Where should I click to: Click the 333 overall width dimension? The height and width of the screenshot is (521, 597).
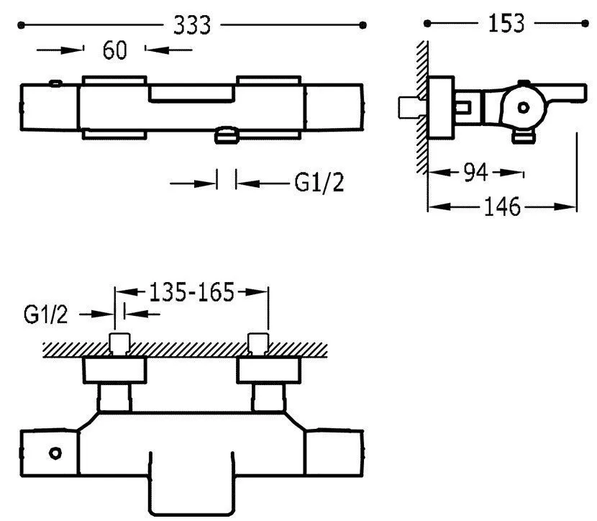[x=192, y=25]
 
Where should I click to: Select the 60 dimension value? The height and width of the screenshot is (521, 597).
[x=115, y=50]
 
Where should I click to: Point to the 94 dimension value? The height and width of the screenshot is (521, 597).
[x=475, y=173]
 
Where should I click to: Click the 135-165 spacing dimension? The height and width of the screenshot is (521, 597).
[x=192, y=292]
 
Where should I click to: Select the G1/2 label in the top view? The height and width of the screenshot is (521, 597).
[x=319, y=184]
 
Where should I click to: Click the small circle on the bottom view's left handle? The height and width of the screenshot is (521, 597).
[x=55, y=453]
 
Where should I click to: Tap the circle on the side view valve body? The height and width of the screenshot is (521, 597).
[x=524, y=107]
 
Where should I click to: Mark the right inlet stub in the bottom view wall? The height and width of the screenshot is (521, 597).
[x=257, y=345]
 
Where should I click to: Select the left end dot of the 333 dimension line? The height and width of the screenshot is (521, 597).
[x=21, y=25]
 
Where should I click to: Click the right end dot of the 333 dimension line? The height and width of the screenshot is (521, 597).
[x=363, y=25]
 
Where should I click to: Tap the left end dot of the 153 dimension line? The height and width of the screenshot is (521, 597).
[x=427, y=24]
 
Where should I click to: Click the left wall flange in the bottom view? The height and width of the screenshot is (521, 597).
[x=115, y=370]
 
